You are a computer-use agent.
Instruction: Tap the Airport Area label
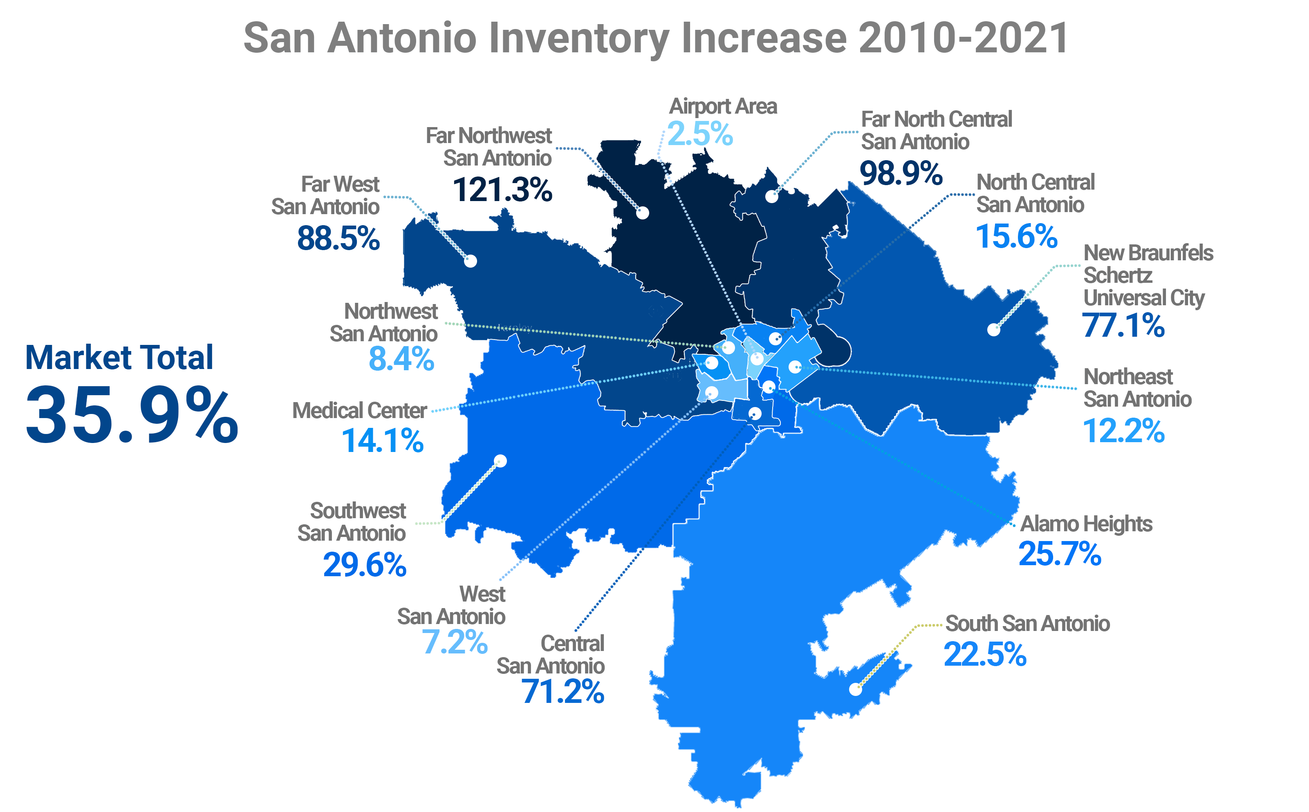[722, 106]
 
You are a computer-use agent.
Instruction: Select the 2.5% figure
[700, 134]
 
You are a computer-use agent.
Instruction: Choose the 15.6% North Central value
[1016, 236]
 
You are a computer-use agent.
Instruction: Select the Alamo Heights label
[1085, 523]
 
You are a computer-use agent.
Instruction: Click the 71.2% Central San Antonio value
[563, 692]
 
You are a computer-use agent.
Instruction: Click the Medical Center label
[359, 411]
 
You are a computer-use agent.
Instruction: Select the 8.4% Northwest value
[401, 359]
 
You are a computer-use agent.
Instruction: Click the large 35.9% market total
[132, 415]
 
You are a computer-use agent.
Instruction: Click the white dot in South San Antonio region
[855, 689]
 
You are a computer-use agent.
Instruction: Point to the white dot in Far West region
[471, 261]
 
